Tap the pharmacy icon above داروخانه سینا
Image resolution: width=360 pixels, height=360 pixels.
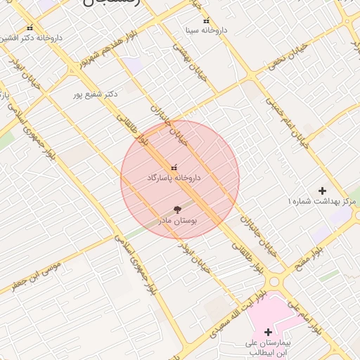coord(205,21)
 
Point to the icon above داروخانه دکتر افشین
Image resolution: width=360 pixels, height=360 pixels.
coord(30,27)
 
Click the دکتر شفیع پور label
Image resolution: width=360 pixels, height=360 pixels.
coord(96,93)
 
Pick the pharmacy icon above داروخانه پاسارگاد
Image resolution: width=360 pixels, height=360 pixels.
coord(174,169)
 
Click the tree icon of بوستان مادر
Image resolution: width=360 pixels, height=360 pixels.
coord(176,209)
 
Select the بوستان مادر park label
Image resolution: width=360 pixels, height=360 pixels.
coord(179,220)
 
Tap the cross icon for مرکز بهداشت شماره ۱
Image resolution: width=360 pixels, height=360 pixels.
coord(323,191)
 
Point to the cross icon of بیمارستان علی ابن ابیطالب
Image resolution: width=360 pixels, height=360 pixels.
coord(268,332)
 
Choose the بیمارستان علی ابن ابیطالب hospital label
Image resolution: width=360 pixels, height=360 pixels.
coord(267,347)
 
